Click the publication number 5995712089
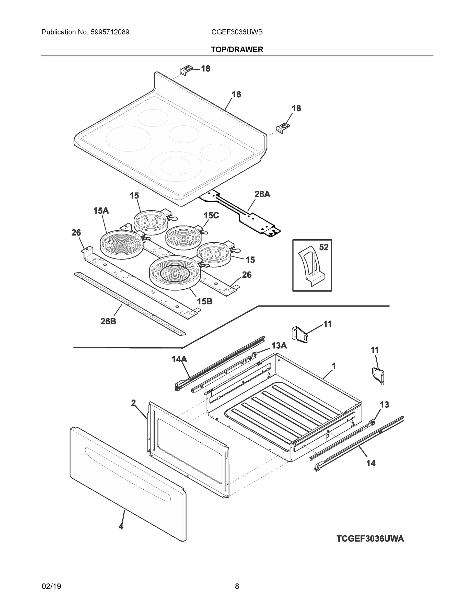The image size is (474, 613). click(110, 32)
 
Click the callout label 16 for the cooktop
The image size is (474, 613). click(236, 95)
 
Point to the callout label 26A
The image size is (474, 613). click(262, 194)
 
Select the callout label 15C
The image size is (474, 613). click(211, 216)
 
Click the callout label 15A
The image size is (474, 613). click(101, 211)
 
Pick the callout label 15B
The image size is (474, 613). click(204, 301)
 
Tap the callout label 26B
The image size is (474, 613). click(108, 321)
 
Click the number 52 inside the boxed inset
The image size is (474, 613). click(323, 247)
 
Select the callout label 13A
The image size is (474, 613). click(279, 346)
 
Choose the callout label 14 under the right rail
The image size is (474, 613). click(371, 463)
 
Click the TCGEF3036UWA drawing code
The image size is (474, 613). click(370, 539)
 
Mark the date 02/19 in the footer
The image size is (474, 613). click(51, 586)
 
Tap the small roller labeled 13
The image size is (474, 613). click(373, 423)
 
